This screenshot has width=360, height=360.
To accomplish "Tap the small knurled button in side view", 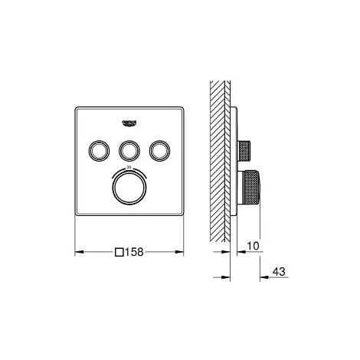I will (248, 148).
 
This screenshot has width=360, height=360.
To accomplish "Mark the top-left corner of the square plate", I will (75, 104).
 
